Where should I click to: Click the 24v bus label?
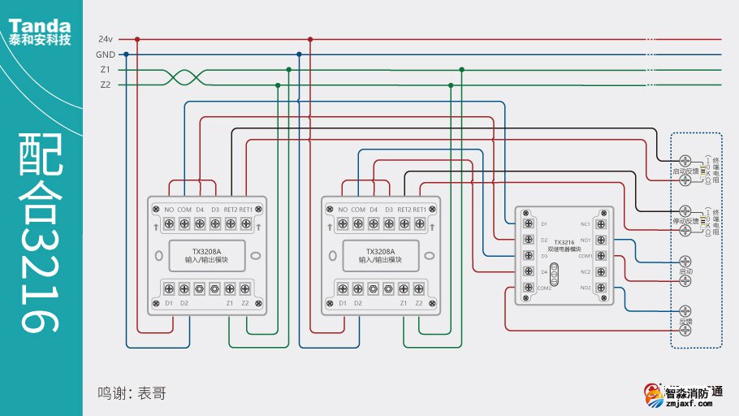click(105, 39)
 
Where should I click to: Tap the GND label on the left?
click(105, 54)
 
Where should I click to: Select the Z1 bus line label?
click(105, 70)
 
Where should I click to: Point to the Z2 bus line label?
click(105, 84)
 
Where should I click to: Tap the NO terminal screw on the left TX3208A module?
click(169, 223)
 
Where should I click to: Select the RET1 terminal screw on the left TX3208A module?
click(245, 223)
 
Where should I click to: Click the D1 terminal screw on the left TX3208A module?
click(169, 288)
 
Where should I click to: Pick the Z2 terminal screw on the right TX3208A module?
click(419, 288)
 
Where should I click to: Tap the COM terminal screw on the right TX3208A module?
click(358, 223)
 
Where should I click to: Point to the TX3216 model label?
click(564, 242)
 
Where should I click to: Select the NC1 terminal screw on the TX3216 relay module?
click(601, 223)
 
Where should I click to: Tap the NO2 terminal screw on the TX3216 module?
click(601, 288)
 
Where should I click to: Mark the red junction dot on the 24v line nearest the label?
click(137, 39)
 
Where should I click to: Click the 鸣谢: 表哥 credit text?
click(132, 393)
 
